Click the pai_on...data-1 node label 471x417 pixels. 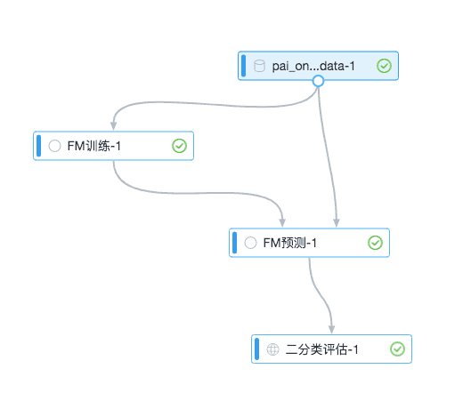tap(313, 66)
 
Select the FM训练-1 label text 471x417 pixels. tap(94, 146)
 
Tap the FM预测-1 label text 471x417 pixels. tap(290, 243)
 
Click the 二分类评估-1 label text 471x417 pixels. tap(321, 349)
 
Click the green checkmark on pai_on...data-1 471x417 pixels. tap(384, 66)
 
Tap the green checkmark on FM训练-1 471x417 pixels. tap(179, 146)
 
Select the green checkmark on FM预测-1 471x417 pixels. tap(375, 243)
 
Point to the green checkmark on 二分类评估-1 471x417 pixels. tap(397, 349)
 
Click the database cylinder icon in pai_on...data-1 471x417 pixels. tap(259, 66)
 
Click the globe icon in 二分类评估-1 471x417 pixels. tap(272, 349)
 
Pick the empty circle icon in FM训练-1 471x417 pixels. tap(54, 146)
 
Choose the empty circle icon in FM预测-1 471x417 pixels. tap(250, 243)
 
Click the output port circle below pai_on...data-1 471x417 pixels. tap(318, 81)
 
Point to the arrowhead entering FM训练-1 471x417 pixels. tap(114, 126)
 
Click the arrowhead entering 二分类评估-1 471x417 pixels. tap(331, 329)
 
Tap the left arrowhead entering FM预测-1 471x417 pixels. tap(282, 223)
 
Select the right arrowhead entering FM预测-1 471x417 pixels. tap(337, 223)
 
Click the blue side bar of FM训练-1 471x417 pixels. tap(39, 146)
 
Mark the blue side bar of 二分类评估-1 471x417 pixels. tap(256, 349)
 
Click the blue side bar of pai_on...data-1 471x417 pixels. tap(243, 66)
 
